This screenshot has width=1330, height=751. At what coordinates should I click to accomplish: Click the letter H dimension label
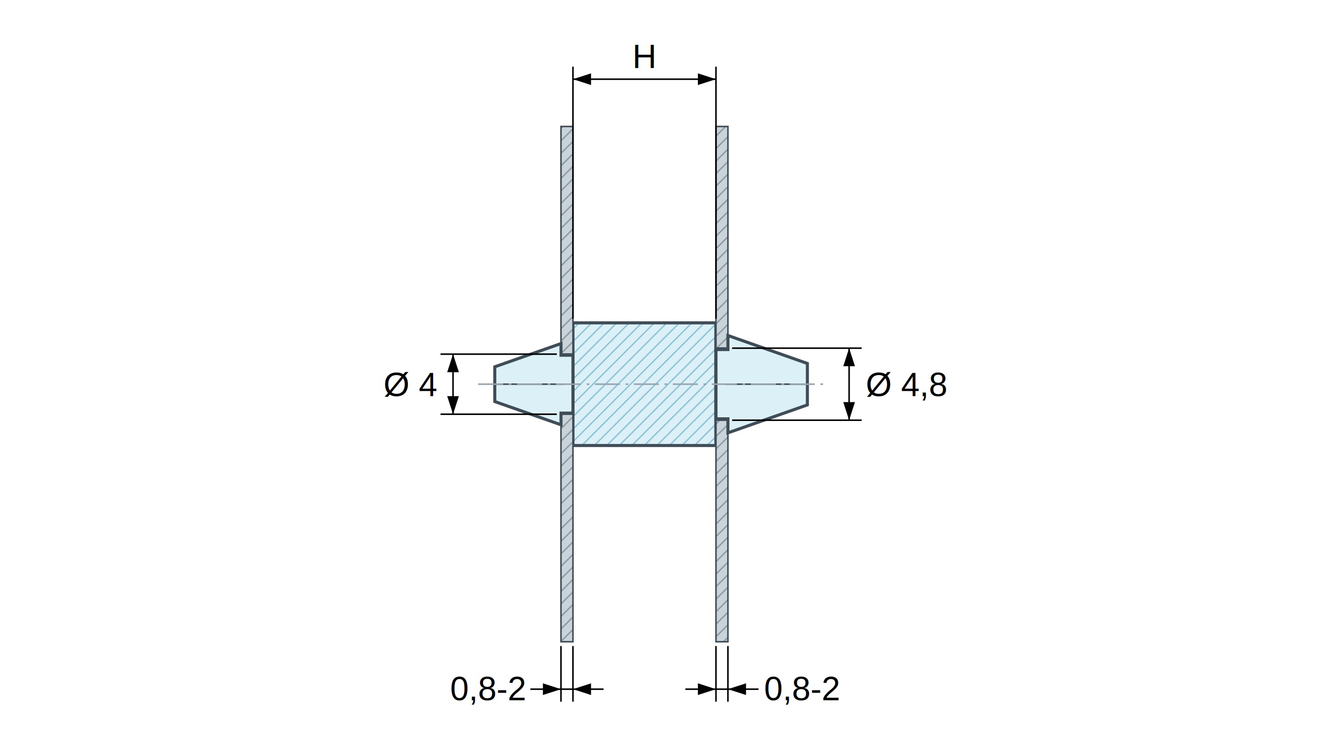point(644,57)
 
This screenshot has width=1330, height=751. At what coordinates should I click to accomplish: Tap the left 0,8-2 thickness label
point(488,689)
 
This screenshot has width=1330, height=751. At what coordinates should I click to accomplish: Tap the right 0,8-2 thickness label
point(802,689)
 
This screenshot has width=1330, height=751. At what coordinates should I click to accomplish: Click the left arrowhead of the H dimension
point(582,79)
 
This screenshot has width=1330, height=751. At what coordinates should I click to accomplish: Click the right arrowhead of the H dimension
point(707,79)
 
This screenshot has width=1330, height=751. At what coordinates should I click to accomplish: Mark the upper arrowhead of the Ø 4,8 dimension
point(849,358)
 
